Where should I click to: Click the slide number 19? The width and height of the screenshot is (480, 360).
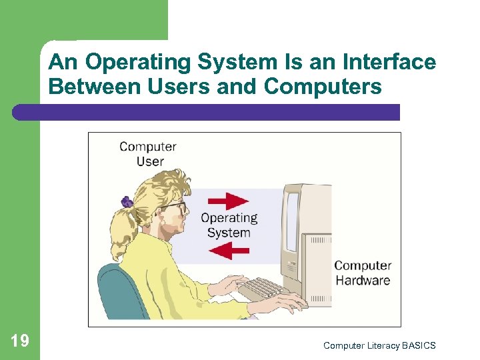click(x=20, y=341)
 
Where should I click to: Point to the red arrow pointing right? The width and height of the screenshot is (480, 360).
click(x=228, y=201)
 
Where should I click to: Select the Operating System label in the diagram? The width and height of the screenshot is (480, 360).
click(x=229, y=225)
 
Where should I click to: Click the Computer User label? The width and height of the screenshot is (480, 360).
click(x=148, y=154)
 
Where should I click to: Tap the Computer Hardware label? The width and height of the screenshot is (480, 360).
click(x=363, y=273)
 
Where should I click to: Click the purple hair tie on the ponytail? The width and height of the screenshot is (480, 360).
click(x=127, y=200)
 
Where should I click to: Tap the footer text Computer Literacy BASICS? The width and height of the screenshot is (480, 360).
click(x=379, y=345)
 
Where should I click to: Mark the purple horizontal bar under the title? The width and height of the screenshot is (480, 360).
click(x=207, y=112)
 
